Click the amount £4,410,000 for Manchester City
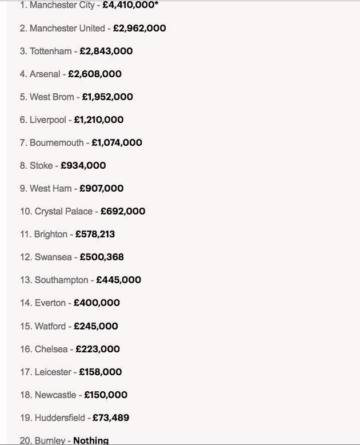click(x=129, y=5)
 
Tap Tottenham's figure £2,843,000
click(x=106, y=51)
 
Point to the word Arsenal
click(x=45, y=74)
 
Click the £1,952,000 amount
click(x=107, y=97)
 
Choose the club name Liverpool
click(x=48, y=120)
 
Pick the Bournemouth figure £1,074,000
click(x=117, y=142)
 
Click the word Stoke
click(x=41, y=165)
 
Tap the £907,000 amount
click(x=101, y=188)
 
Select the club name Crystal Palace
click(x=63, y=211)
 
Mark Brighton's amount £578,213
click(x=95, y=234)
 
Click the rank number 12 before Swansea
click(x=26, y=257)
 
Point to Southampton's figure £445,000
click(x=118, y=280)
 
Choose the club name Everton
click(x=50, y=303)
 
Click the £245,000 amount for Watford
click(x=96, y=326)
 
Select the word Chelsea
click(x=51, y=349)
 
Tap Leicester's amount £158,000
click(x=100, y=372)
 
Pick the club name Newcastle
click(x=55, y=395)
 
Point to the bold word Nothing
click(x=91, y=440)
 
